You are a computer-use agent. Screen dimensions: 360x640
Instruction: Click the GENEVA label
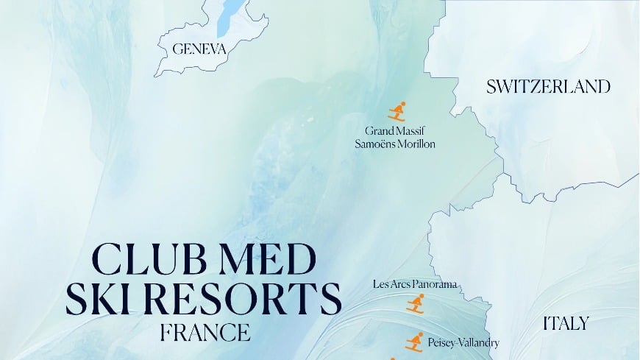click(x=199, y=49)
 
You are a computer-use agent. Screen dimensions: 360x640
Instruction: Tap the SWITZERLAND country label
click(x=548, y=87)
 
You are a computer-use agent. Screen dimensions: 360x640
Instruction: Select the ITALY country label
click(x=566, y=323)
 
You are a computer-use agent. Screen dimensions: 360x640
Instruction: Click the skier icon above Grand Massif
click(x=397, y=111)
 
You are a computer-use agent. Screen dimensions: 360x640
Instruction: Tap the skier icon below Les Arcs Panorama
click(x=416, y=303)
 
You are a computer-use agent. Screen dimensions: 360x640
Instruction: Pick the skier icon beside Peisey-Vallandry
click(x=415, y=342)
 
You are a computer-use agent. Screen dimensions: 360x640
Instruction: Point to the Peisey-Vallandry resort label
click(x=463, y=342)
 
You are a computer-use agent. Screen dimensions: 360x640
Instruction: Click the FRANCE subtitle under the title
click(x=205, y=332)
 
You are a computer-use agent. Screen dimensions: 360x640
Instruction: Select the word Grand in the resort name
click(x=380, y=130)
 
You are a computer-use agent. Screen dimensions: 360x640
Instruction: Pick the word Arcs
click(x=400, y=283)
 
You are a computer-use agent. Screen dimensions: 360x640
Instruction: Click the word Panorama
click(x=435, y=283)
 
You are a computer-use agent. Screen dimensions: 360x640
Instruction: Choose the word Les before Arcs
click(x=380, y=283)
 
